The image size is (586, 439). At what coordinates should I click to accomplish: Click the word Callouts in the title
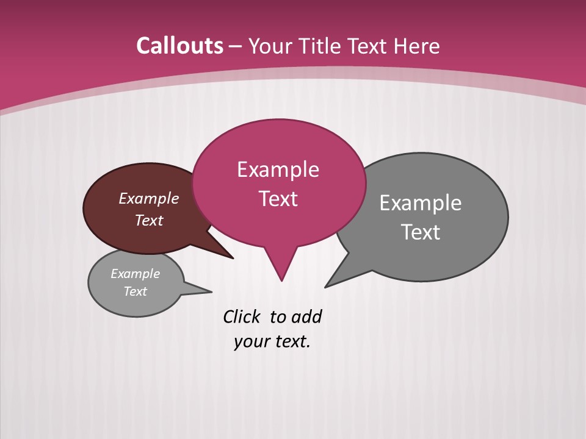[180, 46]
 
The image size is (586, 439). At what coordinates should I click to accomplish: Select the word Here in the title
[417, 46]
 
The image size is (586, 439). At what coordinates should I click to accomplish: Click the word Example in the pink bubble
[278, 170]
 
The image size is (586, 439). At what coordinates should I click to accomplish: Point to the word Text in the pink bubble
[278, 199]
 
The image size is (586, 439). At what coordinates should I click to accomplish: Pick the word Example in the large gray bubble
[421, 203]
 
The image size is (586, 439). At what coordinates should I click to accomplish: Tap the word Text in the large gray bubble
[421, 232]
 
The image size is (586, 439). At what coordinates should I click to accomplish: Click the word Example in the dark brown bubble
[149, 199]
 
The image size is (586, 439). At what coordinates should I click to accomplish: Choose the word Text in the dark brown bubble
[149, 221]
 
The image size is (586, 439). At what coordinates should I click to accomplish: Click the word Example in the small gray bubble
[135, 274]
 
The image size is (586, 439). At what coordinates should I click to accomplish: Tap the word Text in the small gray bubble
[135, 291]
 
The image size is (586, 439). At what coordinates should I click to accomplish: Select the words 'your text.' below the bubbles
[272, 341]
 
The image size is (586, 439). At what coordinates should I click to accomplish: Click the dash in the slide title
[236, 46]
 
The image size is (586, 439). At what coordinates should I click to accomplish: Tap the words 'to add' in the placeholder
[296, 317]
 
